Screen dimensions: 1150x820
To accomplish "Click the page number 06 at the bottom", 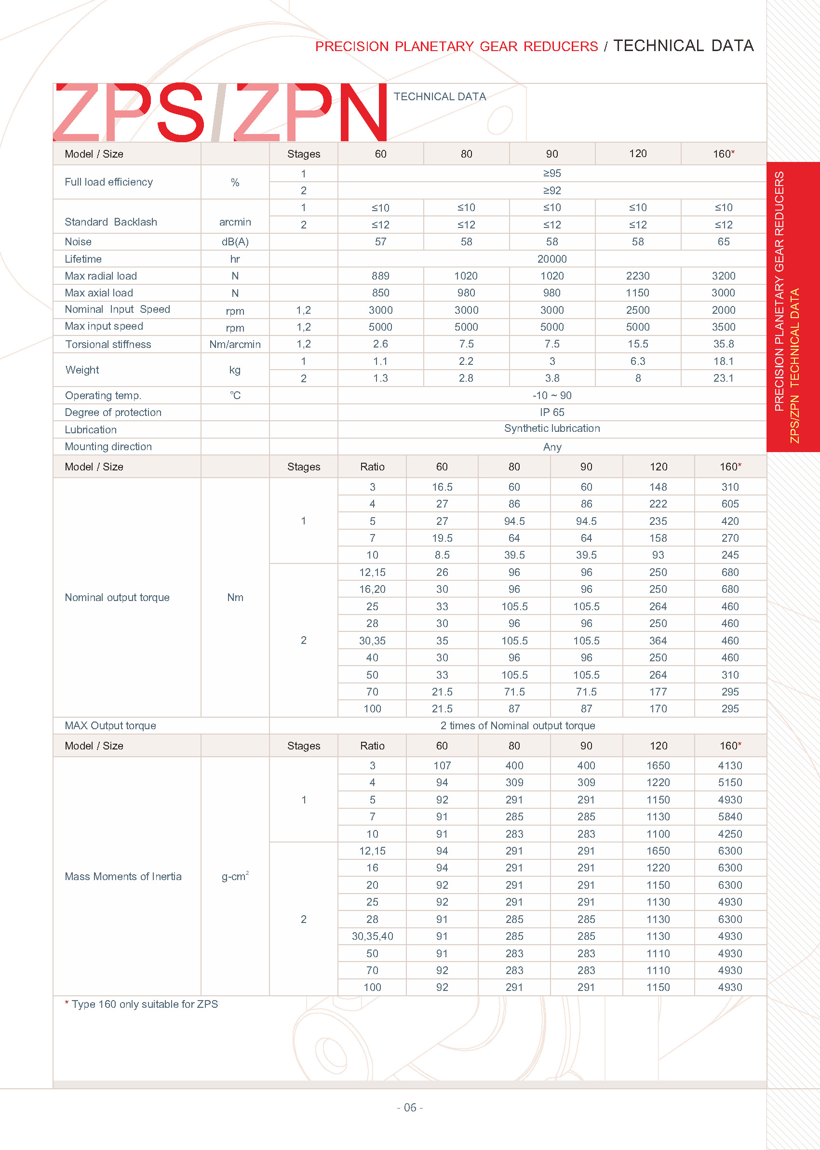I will (x=409, y=1107).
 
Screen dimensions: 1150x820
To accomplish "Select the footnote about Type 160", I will (x=141, y=1004).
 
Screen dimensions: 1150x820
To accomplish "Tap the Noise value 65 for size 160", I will (x=723, y=242).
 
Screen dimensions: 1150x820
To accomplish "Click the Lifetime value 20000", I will (x=551, y=259).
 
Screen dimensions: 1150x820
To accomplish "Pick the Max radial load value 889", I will (x=380, y=276).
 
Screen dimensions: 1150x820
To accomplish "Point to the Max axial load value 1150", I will (x=637, y=293).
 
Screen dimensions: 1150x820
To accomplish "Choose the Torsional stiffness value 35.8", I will (x=723, y=344).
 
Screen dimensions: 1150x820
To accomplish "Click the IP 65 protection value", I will (x=551, y=413).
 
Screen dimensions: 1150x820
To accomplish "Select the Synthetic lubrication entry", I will (x=551, y=428).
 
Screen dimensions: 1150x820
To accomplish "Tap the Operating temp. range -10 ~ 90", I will (x=551, y=395).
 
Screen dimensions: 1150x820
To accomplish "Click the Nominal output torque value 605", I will (x=730, y=504).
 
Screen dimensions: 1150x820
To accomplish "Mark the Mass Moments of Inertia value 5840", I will (x=730, y=817).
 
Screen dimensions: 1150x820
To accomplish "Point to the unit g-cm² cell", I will (x=235, y=876).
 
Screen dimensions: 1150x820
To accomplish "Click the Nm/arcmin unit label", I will (x=235, y=344).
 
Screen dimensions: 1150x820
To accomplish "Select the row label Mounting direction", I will (x=108, y=447).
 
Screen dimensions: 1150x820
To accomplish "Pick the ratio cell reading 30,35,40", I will (x=372, y=936).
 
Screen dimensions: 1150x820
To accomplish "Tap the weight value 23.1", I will (x=723, y=378).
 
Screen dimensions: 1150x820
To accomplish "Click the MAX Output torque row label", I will (x=110, y=725).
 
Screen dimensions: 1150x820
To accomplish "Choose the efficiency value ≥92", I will (x=551, y=190).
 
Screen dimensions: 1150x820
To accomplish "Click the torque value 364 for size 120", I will (x=658, y=641).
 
